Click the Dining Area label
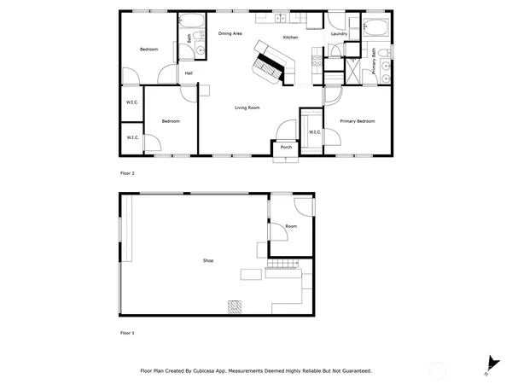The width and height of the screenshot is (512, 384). [x=230, y=33]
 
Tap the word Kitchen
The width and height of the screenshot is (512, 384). [x=290, y=38]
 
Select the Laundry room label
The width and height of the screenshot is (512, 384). [x=339, y=34]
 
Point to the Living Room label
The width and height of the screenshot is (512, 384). [x=247, y=108]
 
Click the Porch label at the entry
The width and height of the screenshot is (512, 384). [x=286, y=148]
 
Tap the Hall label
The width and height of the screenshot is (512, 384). [x=189, y=73]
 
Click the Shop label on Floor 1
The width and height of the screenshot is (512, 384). [x=207, y=260]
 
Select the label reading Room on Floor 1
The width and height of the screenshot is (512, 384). [x=291, y=226]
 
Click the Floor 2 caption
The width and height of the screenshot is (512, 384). [x=127, y=173]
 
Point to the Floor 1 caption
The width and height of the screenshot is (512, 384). [x=127, y=332]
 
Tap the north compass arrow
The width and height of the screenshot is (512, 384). [x=490, y=363]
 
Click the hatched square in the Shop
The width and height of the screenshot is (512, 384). [x=233, y=305]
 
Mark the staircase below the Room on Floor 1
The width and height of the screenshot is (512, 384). [x=281, y=265]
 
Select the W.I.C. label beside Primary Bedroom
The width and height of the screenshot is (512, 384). [x=314, y=131]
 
